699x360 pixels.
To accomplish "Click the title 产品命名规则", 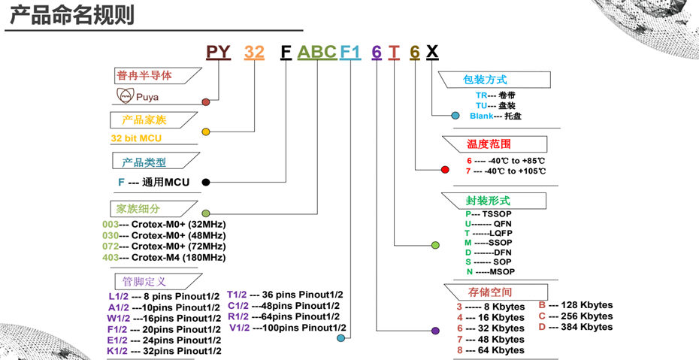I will click(x=72, y=15).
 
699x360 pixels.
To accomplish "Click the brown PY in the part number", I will click(x=219, y=52).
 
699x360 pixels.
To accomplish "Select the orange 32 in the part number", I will click(x=255, y=52).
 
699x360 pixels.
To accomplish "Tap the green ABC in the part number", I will click(x=316, y=52).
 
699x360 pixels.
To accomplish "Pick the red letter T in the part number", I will click(x=395, y=52).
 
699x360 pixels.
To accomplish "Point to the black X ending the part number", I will click(x=432, y=52).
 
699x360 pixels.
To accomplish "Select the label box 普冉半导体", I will click(x=150, y=75).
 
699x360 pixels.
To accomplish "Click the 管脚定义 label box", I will click(x=146, y=282).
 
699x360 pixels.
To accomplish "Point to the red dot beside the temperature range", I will click(x=445, y=170).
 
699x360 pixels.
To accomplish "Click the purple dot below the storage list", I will click(x=435, y=331).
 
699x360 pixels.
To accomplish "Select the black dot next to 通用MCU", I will click(x=206, y=182).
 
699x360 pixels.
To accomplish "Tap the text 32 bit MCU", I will click(x=136, y=138).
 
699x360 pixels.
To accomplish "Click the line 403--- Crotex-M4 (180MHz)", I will click(x=164, y=257).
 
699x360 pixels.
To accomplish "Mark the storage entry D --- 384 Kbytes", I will click(x=576, y=327).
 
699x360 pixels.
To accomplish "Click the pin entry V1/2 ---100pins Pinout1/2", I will click(x=288, y=328).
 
